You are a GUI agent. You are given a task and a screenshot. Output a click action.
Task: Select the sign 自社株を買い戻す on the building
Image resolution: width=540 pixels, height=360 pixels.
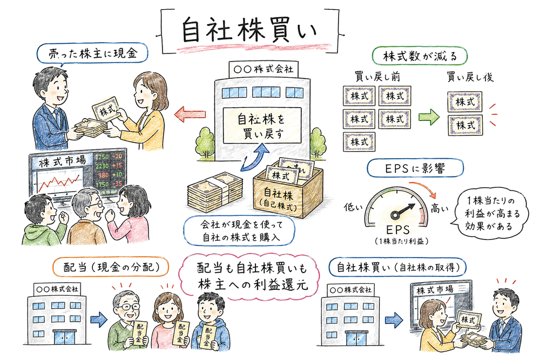pyautogui.click(x=261, y=124)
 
